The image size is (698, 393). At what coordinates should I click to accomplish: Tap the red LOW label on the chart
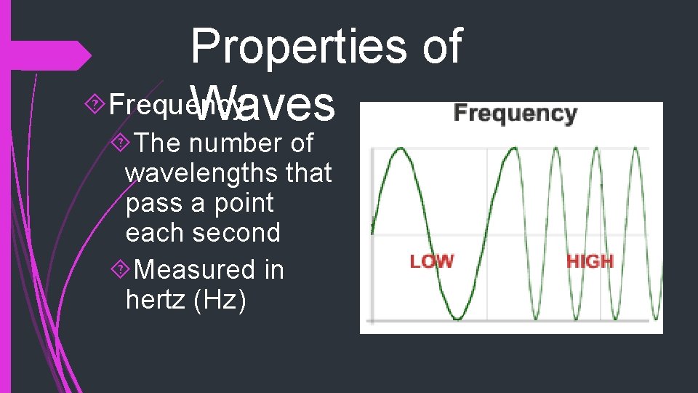pos(431,261)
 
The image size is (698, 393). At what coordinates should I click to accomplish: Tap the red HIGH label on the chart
pos(590,261)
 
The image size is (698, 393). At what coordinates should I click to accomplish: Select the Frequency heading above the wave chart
pos(515,114)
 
